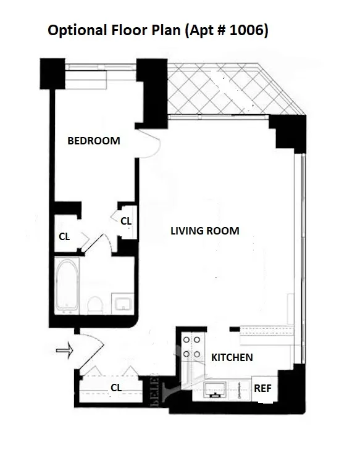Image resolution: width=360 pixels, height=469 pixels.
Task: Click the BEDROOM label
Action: pyautogui.click(x=93, y=141)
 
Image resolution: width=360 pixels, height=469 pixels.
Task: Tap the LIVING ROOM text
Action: pyautogui.click(x=204, y=231)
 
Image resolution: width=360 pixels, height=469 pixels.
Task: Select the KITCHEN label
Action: pyautogui.click(x=232, y=357)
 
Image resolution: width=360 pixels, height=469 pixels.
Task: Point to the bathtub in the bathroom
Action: pyautogui.click(x=67, y=286)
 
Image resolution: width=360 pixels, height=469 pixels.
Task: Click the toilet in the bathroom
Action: pyautogui.click(x=95, y=305)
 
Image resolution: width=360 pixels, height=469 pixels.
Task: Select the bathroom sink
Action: pyautogui.click(x=121, y=303)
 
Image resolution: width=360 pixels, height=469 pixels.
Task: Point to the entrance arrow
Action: pyautogui.click(x=64, y=351)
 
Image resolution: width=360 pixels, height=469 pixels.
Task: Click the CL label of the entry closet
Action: pyautogui.click(x=115, y=388)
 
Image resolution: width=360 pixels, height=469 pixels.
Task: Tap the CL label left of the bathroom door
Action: pyautogui.click(x=64, y=236)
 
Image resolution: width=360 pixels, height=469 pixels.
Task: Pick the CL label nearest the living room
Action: pyautogui.click(x=126, y=220)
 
